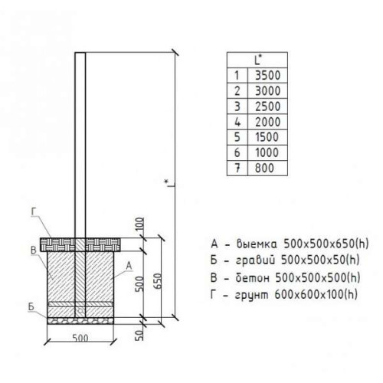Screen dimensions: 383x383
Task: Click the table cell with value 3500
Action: click(x=267, y=76)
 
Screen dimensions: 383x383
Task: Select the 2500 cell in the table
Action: click(x=267, y=106)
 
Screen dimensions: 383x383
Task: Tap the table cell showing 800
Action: click(x=267, y=168)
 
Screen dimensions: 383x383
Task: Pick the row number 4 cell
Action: click(x=237, y=122)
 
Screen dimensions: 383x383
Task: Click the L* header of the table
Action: click(x=257, y=61)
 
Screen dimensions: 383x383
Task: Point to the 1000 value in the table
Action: click(x=267, y=152)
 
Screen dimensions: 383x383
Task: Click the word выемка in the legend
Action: click(x=257, y=244)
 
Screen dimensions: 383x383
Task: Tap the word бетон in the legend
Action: click(x=252, y=277)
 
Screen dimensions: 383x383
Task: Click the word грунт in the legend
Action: click(x=252, y=295)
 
